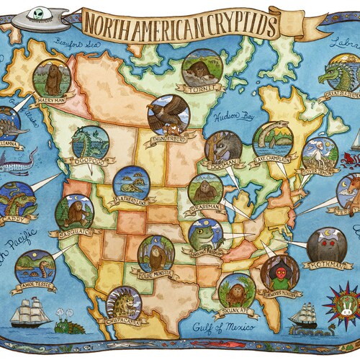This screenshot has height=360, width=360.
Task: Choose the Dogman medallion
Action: point(221,148)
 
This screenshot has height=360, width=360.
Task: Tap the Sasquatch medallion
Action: point(74,212)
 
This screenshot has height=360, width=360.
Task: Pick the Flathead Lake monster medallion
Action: point(130,183)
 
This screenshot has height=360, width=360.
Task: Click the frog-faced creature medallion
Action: point(205,235)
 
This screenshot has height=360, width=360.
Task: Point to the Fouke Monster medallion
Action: point(156,253)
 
